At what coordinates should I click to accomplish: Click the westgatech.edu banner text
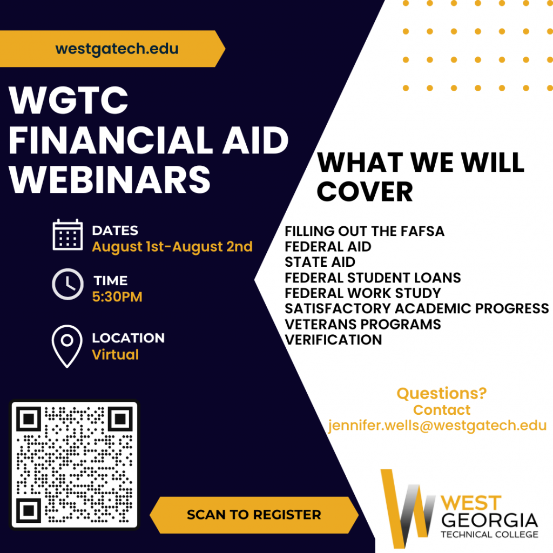tap(117, 49)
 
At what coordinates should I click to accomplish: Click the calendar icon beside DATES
tap(68, 235)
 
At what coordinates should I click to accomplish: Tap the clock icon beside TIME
tap(68, 284)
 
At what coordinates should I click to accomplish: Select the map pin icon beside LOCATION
tap(67, 346)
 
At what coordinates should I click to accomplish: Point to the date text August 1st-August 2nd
tap(172, 247)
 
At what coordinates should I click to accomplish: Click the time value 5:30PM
tap(117, 296)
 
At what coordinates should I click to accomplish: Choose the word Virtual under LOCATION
tap(115, 355)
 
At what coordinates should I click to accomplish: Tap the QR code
tap(75, 465)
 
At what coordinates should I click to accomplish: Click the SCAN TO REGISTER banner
tap(254, 515)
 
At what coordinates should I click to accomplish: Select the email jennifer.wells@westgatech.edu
tap(437, 426)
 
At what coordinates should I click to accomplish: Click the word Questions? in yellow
tap(441, 393)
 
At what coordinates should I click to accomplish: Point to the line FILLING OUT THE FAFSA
tap(365, 232)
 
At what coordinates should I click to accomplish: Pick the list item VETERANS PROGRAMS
tap(363, 324)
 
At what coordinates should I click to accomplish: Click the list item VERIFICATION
tap(333, 340)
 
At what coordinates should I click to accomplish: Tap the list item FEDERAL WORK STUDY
tap(363, 293)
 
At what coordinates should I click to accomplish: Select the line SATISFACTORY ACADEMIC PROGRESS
tap(416, 308)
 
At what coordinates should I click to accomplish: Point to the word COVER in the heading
tap(365, 191)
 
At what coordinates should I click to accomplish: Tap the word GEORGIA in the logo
tap(490, 521)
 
